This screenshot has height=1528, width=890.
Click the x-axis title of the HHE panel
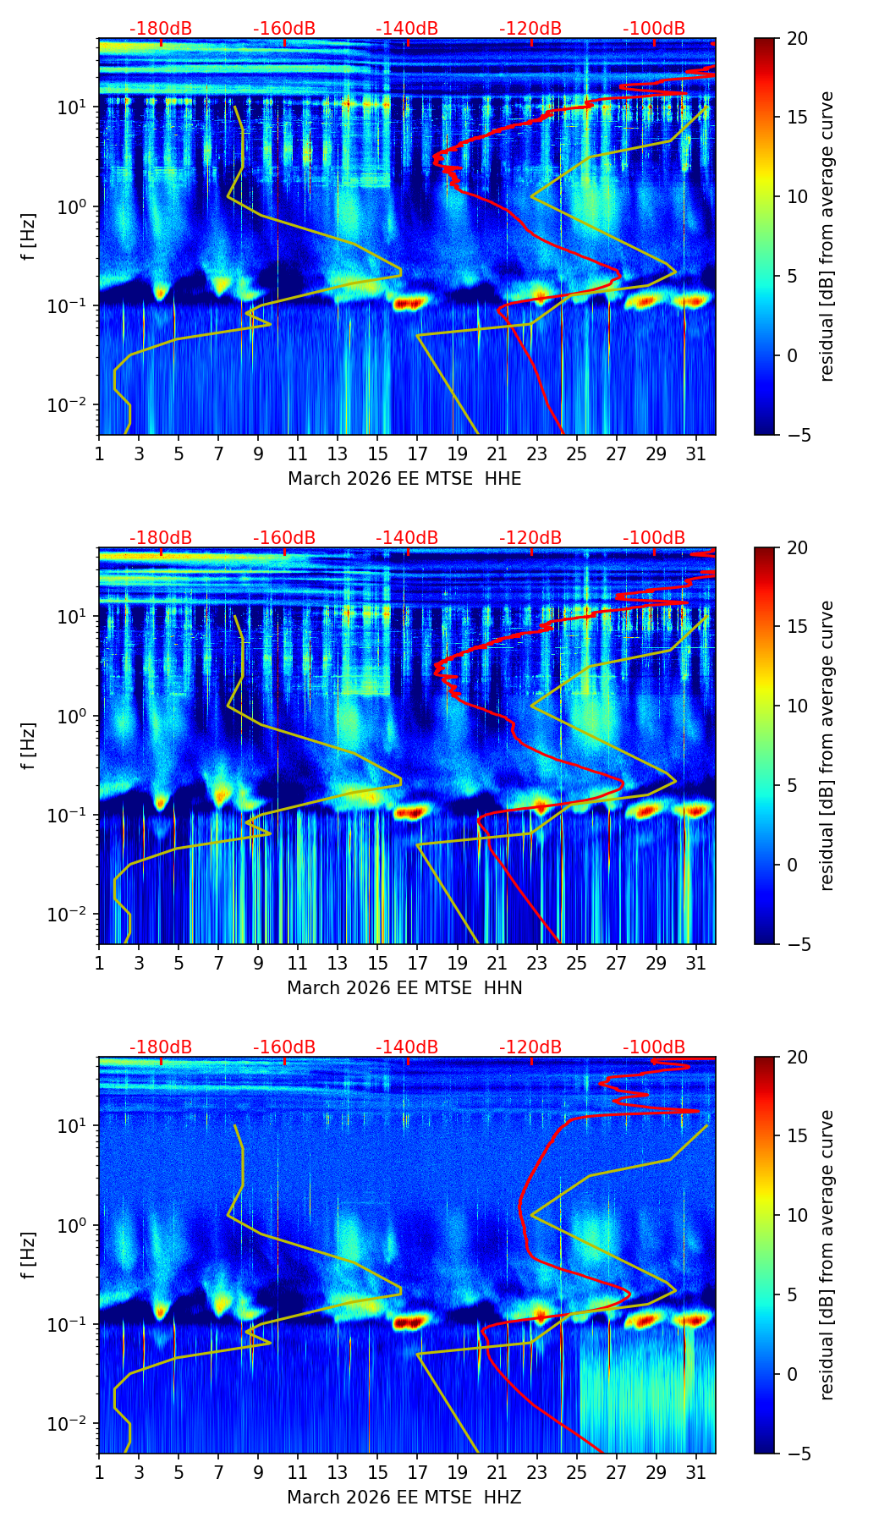[404, 479]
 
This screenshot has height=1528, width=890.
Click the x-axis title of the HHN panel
[404, 988]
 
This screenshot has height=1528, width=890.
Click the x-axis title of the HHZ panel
[404, 1498]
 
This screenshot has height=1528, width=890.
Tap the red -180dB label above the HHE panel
[161, 29]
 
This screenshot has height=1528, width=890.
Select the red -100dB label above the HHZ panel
[654, 1047]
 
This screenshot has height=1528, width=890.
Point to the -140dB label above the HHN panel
[407, 538]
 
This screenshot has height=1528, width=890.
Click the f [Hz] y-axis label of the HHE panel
[30, 237]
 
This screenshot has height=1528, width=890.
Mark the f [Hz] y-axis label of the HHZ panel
[30, 1256]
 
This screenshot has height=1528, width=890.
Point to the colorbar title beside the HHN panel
[827, 745]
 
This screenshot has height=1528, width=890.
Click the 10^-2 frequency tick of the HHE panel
[74, 405]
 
